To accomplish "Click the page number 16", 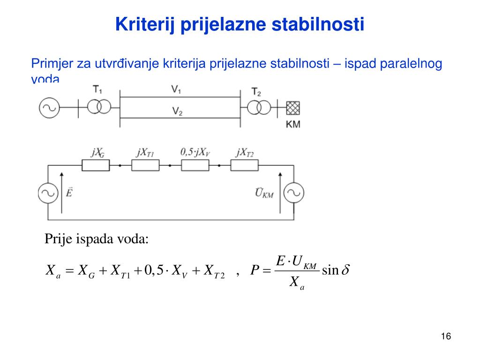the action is click(x=445, y=337).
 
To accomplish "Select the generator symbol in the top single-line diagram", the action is click(x=49, y=107).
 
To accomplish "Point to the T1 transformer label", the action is click(x=97, y=89).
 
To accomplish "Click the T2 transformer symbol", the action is click(x=259, y=107).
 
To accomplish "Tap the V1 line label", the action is click(x=177, y=90).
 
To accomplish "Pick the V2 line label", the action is click(x=177, y=111).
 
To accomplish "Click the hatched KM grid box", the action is click(x=292, y=107).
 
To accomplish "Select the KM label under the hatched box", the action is click(x=293, y=124).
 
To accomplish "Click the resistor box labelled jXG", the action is click(x=96, y=165).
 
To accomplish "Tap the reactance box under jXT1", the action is click(x=145, y=165).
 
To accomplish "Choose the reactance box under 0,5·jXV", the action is click(x=195, y=165).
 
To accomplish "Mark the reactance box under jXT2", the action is click(x=244, y=165).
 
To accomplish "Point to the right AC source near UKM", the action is click(x=294, y=193).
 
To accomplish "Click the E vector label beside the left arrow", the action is click(x=69, y=192).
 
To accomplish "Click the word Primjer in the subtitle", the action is click(x=48, y=63).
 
